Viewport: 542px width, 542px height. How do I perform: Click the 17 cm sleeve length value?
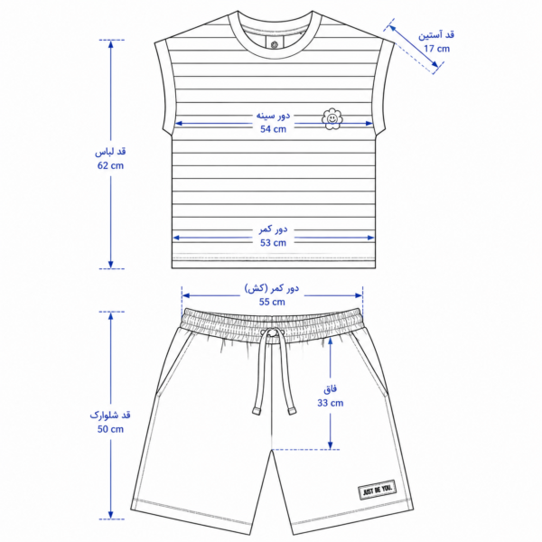point(437,49)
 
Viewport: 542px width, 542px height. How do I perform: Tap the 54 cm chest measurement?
point(273,129)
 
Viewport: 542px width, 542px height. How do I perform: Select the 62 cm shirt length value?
point(110,165)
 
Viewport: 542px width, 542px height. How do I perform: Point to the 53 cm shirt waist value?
point(273,243)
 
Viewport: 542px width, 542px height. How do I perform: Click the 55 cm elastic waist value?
point(272,302)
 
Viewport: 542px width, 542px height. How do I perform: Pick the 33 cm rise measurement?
point(331,403)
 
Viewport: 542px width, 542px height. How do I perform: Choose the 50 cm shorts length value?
point(110,429)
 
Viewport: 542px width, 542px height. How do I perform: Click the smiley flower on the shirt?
point(332,119)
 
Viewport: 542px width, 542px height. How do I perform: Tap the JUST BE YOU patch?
point(377,490)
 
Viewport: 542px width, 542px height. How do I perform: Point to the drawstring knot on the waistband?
point(273,332)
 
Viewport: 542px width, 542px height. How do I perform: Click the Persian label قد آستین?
point(436,35)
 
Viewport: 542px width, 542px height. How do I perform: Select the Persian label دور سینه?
point(273,115)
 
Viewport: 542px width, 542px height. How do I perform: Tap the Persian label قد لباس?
point(110,152)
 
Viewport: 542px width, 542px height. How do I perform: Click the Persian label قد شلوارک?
point(110,415)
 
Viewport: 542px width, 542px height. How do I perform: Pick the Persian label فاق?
point(330,389)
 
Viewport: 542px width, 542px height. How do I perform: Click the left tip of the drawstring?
point(257,411)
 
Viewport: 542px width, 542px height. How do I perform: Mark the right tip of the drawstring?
point(292,411)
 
